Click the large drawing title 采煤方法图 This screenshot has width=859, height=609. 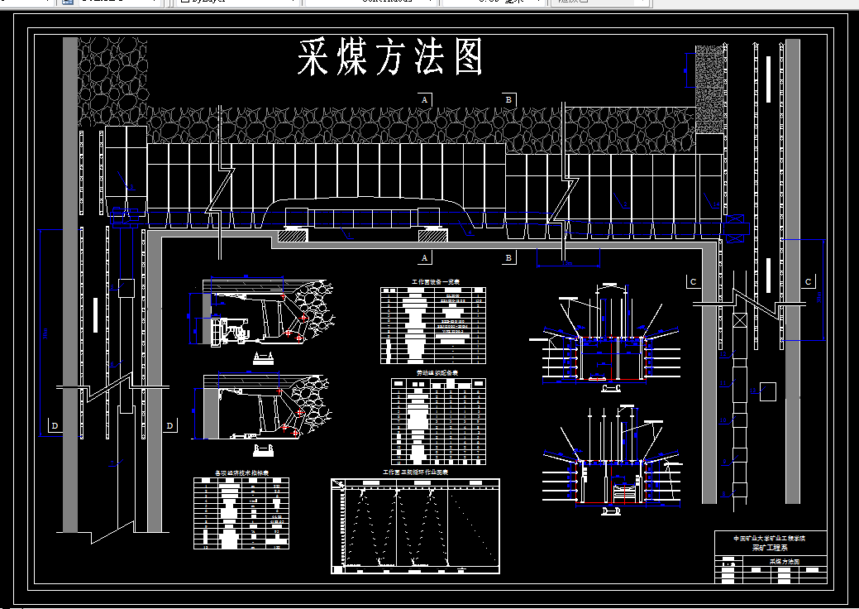click(x=389, y=59)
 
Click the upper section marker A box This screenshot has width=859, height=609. click(x=425, y=99)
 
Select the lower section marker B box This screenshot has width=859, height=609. click(x=508, y=257)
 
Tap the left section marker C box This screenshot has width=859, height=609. click(x=693, y=282)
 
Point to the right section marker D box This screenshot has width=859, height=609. click(x=169, y=426)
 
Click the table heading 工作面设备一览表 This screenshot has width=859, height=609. click(x=432, y=282)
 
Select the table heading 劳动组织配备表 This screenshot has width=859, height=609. click(x=437, y=373)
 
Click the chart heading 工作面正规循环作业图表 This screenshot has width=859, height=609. click(x=415, y=472)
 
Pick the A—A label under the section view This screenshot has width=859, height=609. click(x=263, y=357)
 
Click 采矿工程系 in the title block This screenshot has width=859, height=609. click(x=769, y=548)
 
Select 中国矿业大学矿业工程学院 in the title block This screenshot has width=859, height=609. click(x=769, y=538)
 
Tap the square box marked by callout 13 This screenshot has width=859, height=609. click(x=768, y=391)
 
